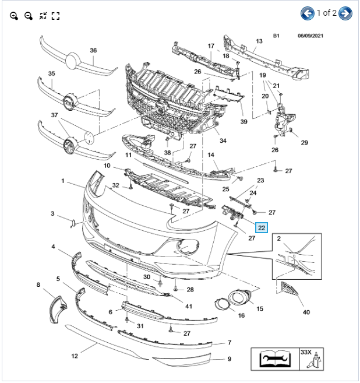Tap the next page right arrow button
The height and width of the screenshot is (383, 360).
tap(345, 13)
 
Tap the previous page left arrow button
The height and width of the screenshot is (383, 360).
tap(308, 13)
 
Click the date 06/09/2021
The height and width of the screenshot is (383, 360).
tap(309, 36)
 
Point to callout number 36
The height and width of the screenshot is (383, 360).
tap(93, 50)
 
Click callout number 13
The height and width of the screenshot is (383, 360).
tap(259, 41)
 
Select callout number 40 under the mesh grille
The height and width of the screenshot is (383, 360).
tap(306, 312)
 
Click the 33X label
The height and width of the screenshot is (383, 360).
tap(306, 352)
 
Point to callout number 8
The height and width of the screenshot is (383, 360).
tap(38, 285)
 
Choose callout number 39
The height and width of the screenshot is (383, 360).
tap(243, 121)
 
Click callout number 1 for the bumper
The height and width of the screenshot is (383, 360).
tap(63, 181)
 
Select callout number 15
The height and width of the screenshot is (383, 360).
tap(259, 308)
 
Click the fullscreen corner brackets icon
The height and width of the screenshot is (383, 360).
tap(56, 16)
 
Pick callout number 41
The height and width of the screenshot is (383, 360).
tap(189, 306)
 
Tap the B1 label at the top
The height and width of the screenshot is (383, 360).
tap(276, 36)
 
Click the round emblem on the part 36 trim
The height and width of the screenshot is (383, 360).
tap(73, 60)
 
